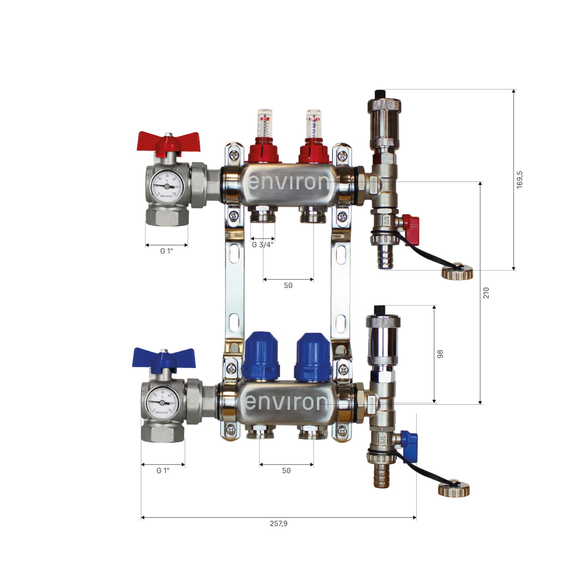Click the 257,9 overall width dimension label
coord(278,524)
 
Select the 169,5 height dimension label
coord(519,180)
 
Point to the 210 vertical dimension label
coord(486,293)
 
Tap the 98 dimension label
coord(440,354)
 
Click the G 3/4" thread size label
coord(263,245)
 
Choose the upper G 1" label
coord(167,251)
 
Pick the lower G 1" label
coord(163,471)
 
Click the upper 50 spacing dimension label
coord(288,285)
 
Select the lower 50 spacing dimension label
coord(286,471)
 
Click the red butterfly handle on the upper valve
coord(168,142)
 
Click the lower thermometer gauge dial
coord(162,402)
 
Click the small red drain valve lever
coord(412,224)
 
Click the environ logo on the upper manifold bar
coord(289,182)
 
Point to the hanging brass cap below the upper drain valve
coord(457,273)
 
